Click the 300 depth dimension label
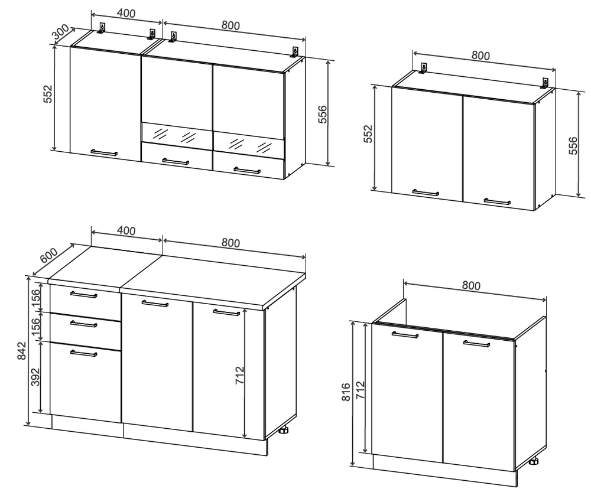click(61, 32)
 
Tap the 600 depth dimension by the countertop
click(48, 256)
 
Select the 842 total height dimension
click(22, 350)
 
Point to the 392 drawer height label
click(35, 377)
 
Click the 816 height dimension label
click(346, 392)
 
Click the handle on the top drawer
click(84, 295)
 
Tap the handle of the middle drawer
click(84, 324)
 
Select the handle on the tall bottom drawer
click(84, 353)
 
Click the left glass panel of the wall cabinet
click(176, 135)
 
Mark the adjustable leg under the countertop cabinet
click(284, 430)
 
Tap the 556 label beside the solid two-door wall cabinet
click(573, 145)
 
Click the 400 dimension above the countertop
click(126, 230)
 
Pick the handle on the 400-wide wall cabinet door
click(104, 152)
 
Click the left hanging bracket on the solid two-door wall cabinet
click(424, 69)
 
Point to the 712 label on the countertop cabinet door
click(240, 375)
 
